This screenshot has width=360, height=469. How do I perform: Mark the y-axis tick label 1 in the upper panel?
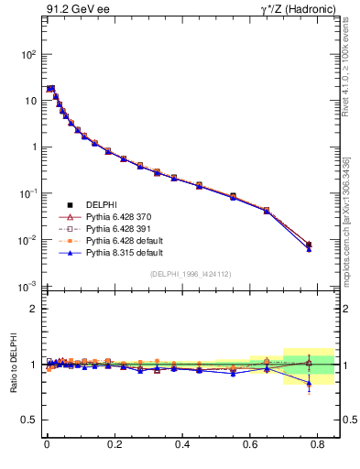[x=33, y=147]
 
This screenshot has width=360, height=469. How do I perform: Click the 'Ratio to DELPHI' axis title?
[x=12, y=365]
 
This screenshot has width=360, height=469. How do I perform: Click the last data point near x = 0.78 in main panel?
[x=309, y=245]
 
